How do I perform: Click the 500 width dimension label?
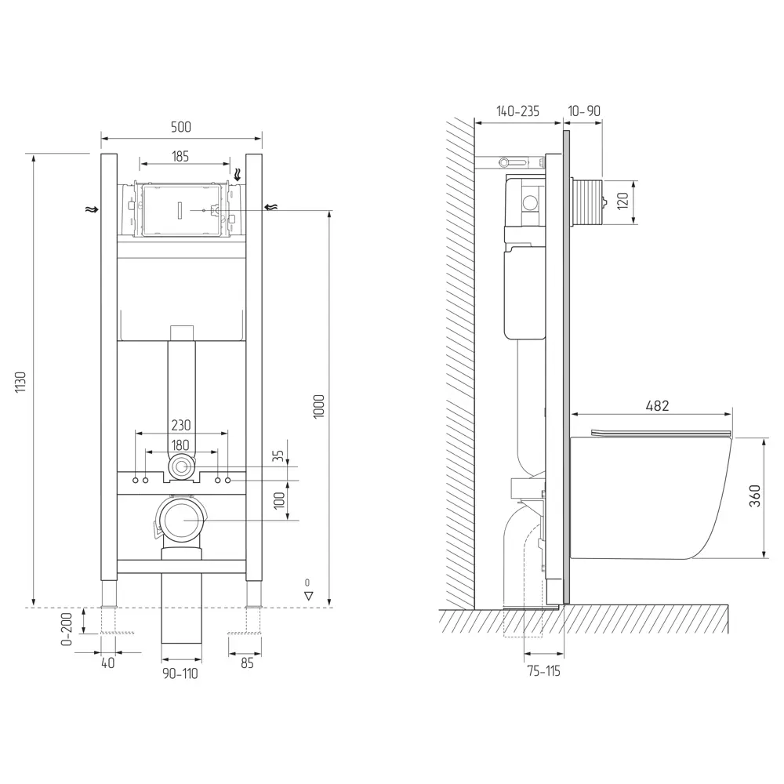click(180, 127)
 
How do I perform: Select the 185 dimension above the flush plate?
click(180, 156)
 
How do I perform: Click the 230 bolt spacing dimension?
click(181, 425)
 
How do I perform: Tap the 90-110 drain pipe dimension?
click(181, 673)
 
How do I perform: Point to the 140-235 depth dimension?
click(517, 111)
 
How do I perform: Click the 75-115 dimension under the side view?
click(543, 670)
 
